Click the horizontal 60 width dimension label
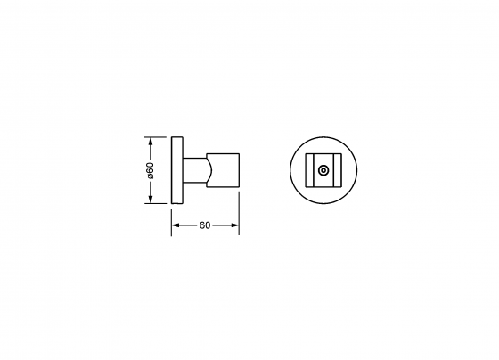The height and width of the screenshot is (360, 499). point(205,225)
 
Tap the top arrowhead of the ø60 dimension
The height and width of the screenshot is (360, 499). point(151,141)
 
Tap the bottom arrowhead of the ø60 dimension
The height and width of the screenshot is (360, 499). point(151,200)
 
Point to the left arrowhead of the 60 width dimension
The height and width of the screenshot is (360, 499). point(175,225)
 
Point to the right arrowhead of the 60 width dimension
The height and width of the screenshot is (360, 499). point(235,225)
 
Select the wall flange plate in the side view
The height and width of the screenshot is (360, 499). point(176,170)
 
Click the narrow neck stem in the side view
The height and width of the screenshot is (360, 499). point(193,170)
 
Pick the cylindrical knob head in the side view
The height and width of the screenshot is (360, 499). point(225,170)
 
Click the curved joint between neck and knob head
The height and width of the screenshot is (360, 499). point(209,170)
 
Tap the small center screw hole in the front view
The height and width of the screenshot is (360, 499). point(323,170)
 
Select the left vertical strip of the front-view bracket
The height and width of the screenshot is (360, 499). point(311,170)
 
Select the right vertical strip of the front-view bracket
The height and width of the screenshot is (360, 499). point(336,170)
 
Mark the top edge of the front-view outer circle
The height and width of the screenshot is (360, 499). point(323,138)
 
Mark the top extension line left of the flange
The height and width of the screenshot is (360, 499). point(159,137)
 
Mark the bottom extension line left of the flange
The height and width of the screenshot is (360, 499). point(159,203)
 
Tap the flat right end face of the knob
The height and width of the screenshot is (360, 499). point(239,170)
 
